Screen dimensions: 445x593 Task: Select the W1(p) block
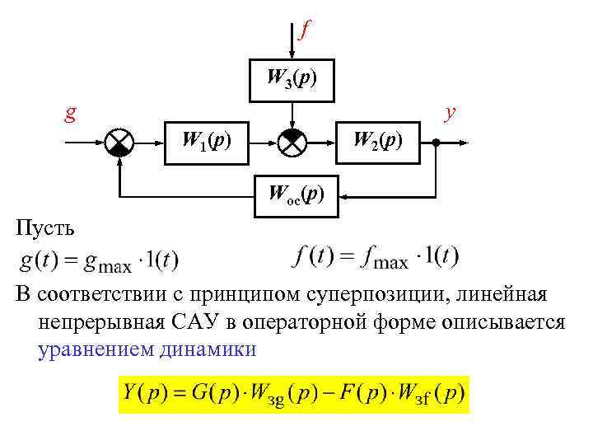(206, 142)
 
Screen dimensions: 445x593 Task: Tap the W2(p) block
(377, 142)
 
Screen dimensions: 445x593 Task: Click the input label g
(72, 112)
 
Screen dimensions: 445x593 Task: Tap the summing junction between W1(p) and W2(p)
(292, 143)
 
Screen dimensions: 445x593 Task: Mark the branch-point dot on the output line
(436, 143)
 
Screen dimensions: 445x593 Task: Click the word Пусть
(48, 227)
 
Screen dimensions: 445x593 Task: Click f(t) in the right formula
(314, 257)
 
